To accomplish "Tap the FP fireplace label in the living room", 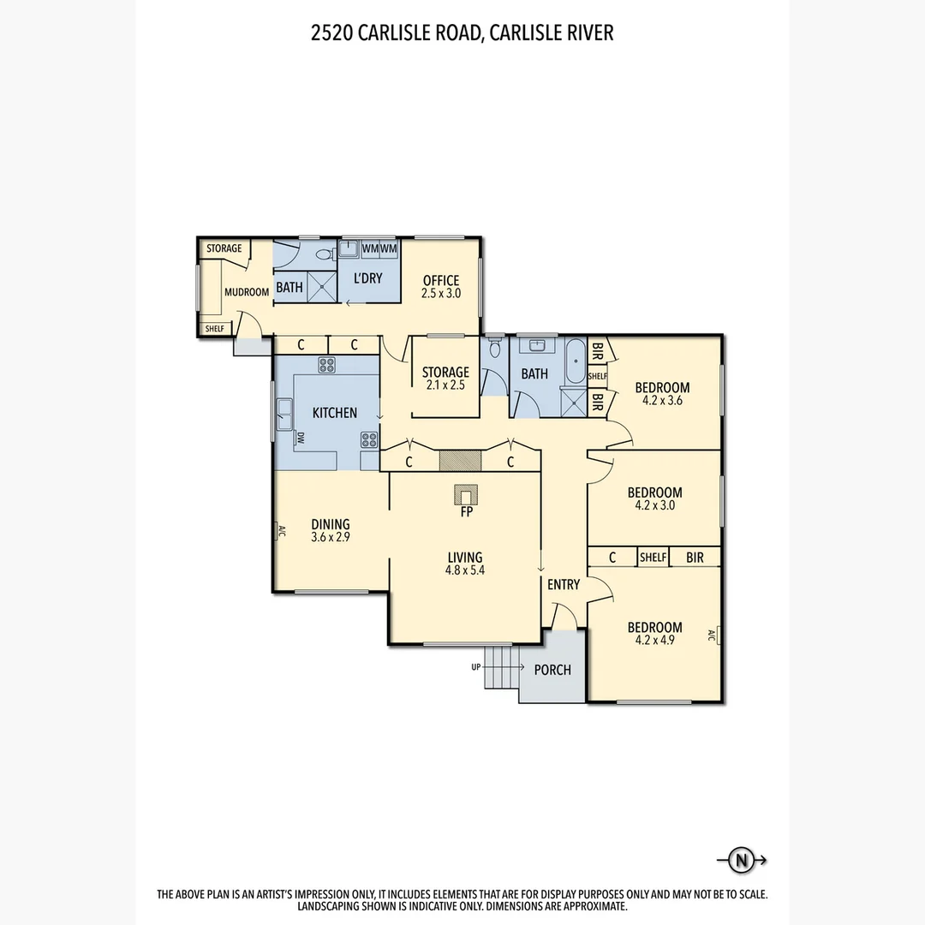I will tap(466, 513).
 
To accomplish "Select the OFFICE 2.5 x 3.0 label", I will tap(441, 286).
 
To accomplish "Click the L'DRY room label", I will tap(368, 278).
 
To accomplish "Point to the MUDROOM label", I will tap(247, 292).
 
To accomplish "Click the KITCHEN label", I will tap(334, 413).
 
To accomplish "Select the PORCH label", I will tap(552, 670).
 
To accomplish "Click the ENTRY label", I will tap(564, 585).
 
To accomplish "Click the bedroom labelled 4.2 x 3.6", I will tap(662, 393).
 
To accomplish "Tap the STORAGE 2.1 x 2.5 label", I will tap(445, 378).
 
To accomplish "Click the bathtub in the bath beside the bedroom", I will tap(575, 363).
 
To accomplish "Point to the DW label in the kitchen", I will tap(301, 439).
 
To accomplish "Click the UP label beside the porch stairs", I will tap(475, 666).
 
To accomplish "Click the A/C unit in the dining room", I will tap(279, 531).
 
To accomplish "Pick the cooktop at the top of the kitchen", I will tap(326, 365).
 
